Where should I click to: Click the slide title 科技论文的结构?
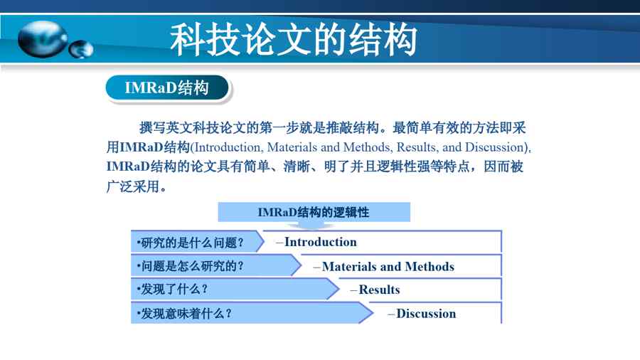294,39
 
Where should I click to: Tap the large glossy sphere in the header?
43,39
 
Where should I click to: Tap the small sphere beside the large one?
81,49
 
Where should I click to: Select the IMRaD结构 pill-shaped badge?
168,88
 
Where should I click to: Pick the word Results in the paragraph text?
415,147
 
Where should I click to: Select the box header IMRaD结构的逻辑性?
314,212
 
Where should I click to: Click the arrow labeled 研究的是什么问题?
198,242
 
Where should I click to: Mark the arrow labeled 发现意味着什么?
252,313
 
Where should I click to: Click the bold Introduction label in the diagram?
321,242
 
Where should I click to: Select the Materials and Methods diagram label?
388,267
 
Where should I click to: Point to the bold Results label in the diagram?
379,290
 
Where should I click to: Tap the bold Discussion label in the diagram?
426,314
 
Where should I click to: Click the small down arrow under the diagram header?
314,225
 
